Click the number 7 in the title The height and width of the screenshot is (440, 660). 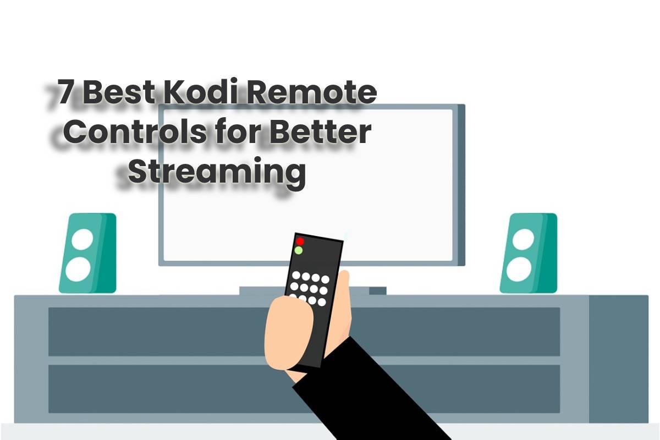click(65, 92)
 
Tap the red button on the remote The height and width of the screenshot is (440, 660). click(300, 241)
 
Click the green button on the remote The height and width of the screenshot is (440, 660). click(299, 250)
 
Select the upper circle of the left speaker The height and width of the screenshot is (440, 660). click(82, 239)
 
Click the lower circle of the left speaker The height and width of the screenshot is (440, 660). click(78, 269)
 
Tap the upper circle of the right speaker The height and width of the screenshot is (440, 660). click(523, 239)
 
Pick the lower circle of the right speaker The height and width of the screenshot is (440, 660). click(519, 269)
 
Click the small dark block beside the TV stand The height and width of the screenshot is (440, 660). click(377, 290)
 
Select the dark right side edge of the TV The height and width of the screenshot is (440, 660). click(461, 185)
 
